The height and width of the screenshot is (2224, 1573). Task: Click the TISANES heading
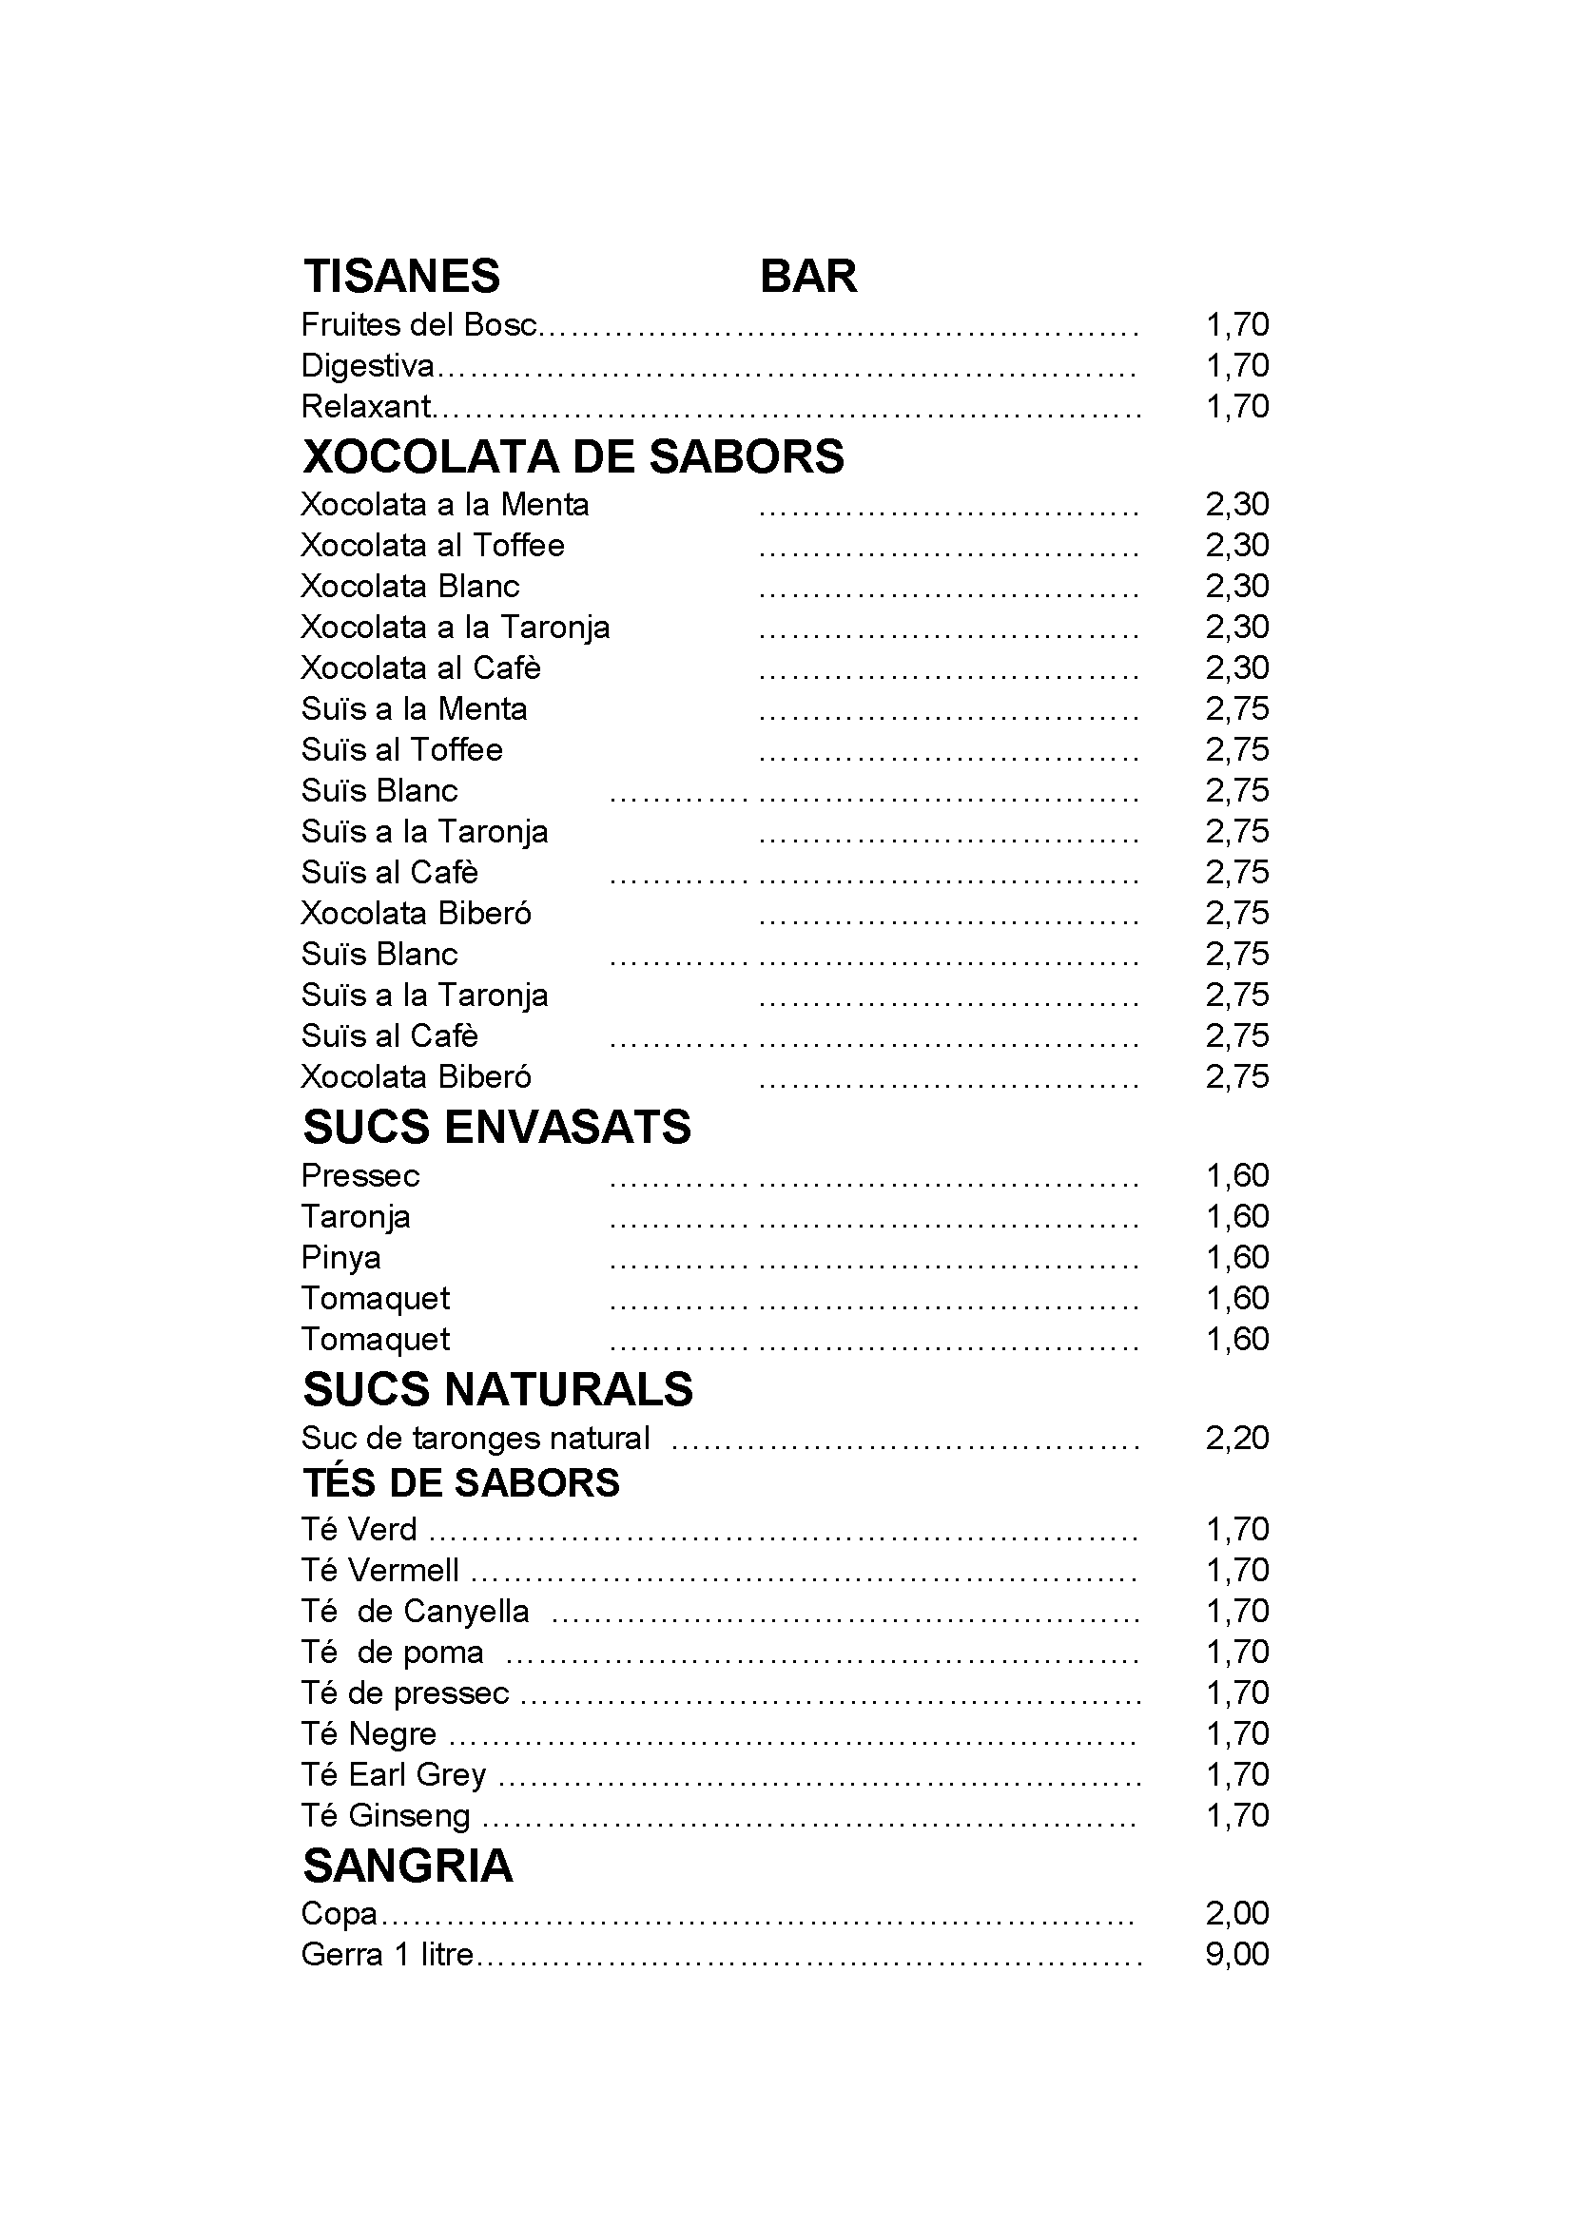point(401,276)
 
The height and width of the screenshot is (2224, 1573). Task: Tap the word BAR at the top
point(807,276)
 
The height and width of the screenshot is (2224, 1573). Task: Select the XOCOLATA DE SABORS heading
point(573,456)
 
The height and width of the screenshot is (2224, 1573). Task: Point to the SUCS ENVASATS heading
point(496,1127)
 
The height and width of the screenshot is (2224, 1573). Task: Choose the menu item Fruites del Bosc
point(418,324)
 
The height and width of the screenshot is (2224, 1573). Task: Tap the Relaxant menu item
point(365,406)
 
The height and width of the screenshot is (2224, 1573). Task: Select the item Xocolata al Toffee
point(432,546)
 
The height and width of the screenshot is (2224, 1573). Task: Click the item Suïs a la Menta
point(414,709)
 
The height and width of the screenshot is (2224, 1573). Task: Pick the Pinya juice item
point(341,1257)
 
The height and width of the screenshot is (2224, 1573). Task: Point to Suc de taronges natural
point(475,1438)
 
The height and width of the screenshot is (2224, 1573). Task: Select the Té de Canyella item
point(415,1611)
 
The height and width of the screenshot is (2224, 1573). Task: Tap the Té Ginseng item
point(384,1815)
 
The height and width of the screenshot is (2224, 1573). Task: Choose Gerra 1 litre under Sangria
point(386,1954)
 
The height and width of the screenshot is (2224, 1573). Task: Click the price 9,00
point(1237,1954)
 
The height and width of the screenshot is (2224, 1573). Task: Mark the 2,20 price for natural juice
point(1237,1438)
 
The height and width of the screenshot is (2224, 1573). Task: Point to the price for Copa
point(1237,1913)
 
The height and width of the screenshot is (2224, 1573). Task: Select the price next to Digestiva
point(1237,365)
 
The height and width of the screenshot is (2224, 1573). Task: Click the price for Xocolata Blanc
point(1237,586)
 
